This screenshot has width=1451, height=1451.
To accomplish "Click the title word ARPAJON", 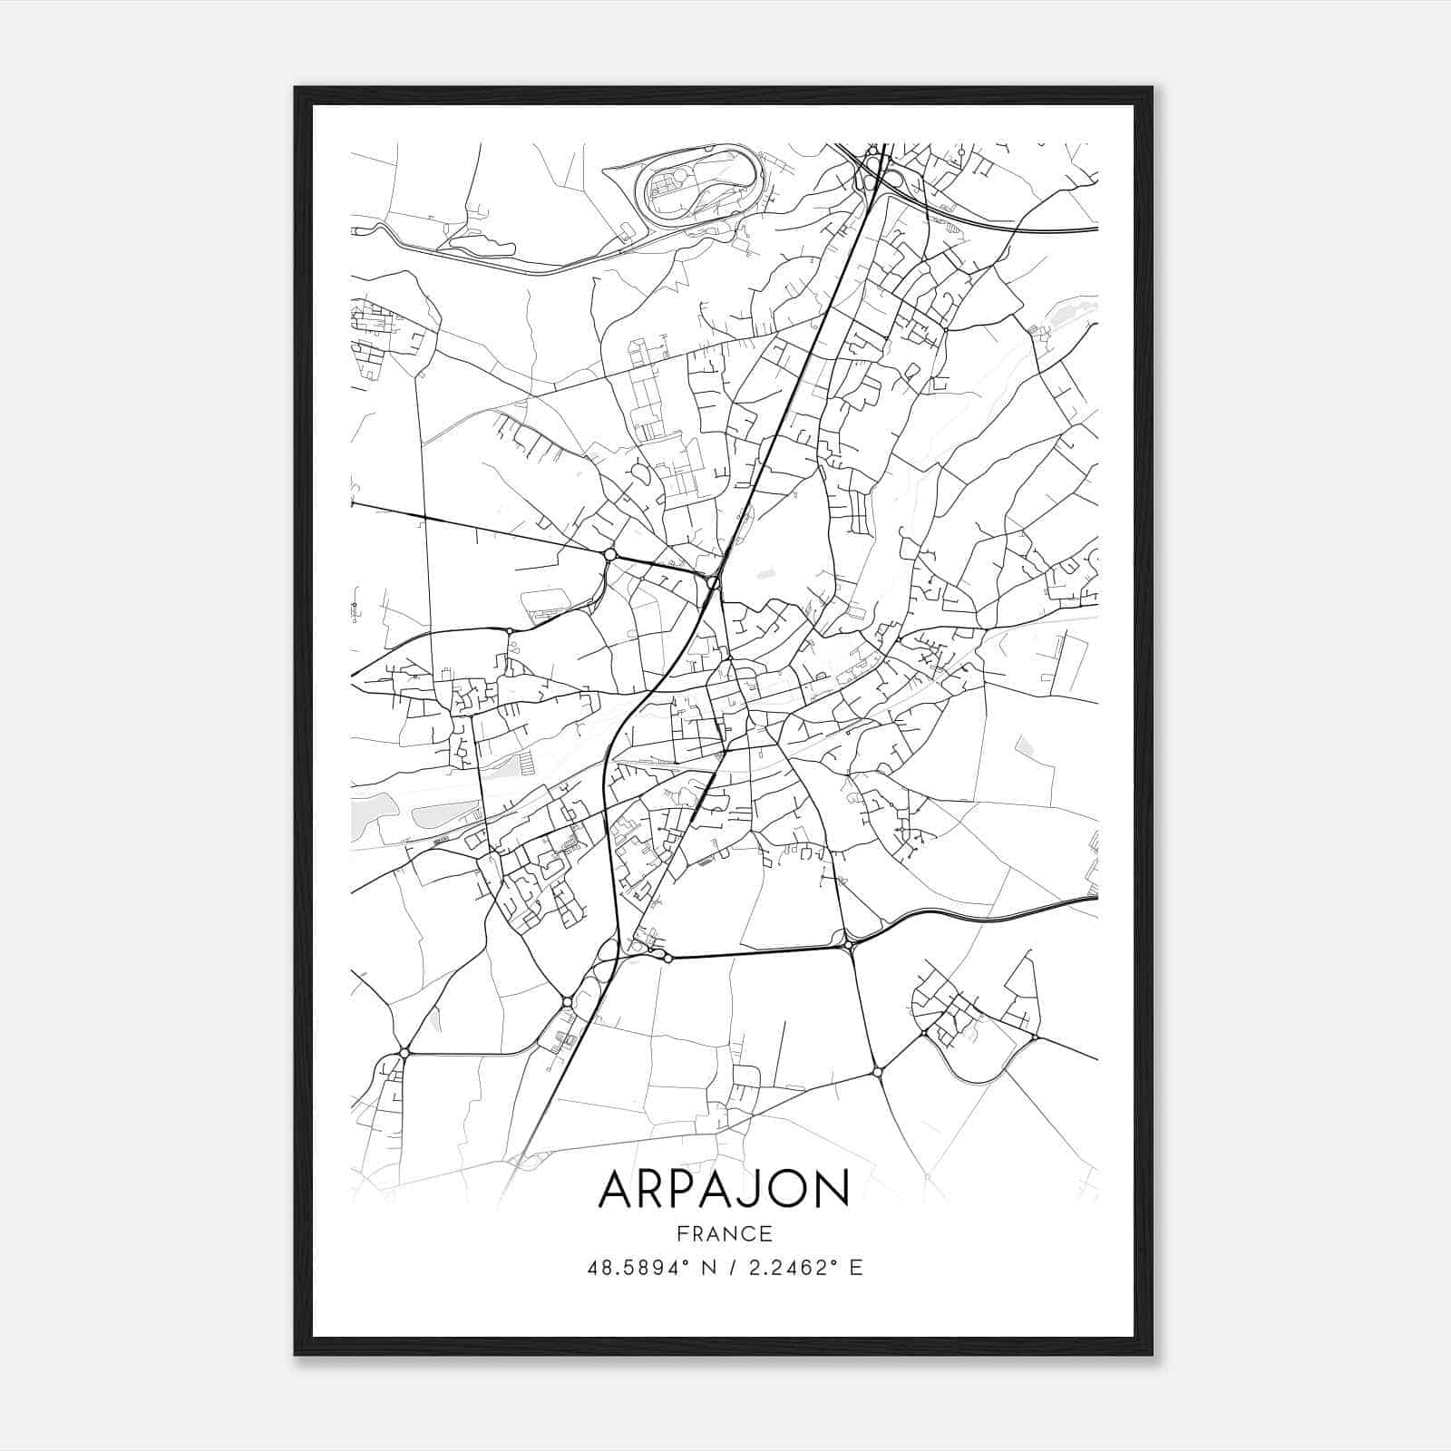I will [x=724, y=1189].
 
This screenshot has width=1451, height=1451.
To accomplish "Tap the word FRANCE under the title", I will [x=724, y=1233].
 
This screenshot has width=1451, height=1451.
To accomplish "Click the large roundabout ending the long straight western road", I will [x=610, y=554].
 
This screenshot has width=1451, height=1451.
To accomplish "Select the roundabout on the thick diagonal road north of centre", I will [x=714, y=582].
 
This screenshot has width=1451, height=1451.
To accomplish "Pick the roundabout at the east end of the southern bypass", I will [x=850, y=946].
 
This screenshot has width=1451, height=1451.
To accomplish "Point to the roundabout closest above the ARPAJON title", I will [x=877, y=1072].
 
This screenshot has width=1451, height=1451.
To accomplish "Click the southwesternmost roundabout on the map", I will [x=404, y=1052].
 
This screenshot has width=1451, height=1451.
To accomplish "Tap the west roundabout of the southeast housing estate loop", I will [x=924, y=1033].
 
